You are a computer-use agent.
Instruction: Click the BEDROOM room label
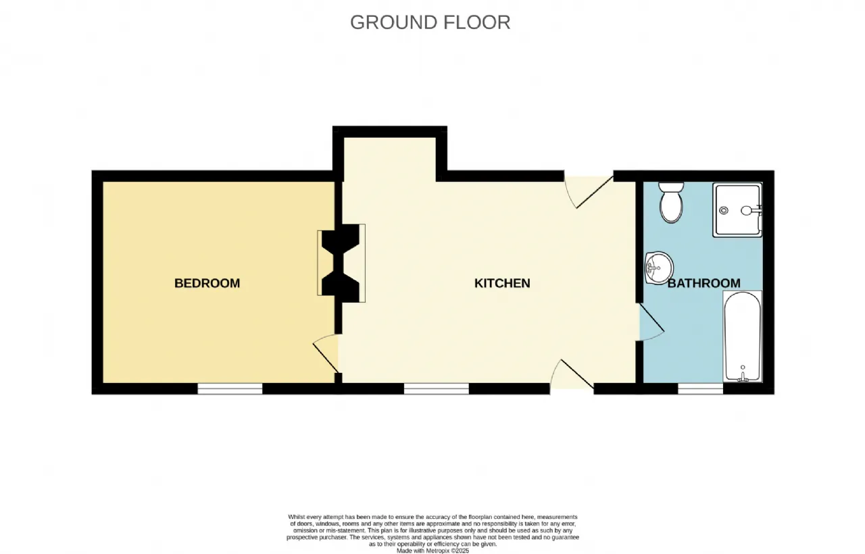[207, 283]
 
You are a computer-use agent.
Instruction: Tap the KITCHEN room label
[502, 283]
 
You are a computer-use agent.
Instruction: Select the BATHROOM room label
[704, 283]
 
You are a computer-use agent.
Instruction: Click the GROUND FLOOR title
[430, 22]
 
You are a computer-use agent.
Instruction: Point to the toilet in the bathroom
[671, 202]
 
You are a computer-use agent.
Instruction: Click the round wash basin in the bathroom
[659, 268]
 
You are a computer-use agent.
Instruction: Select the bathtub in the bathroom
[743, 336]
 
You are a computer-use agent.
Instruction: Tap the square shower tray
[737, 209]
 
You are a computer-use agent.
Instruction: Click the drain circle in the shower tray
[724, 210]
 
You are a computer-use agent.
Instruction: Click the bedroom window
[230, 388]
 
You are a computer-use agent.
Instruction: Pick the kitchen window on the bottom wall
[437, 388]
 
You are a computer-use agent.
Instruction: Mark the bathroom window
[701, 388]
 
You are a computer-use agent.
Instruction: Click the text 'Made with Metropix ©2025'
[432, 551]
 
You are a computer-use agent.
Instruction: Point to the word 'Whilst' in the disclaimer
[297, 517]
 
